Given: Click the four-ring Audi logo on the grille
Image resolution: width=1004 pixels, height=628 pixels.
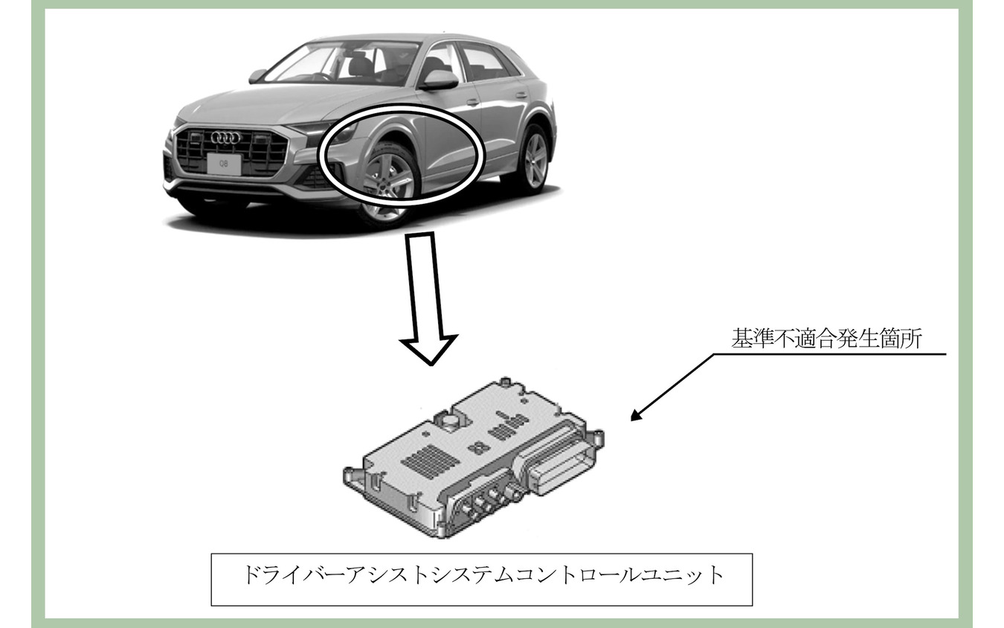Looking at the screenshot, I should (225, 138).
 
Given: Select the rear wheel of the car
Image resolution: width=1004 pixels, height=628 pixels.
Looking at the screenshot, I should (533, 159).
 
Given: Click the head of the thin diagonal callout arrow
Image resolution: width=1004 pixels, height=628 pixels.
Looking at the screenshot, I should (634, 417).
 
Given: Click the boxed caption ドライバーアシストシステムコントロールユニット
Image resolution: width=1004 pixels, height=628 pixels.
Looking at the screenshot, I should (482, 577).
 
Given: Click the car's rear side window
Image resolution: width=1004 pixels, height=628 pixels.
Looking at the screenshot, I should (483, 62).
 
